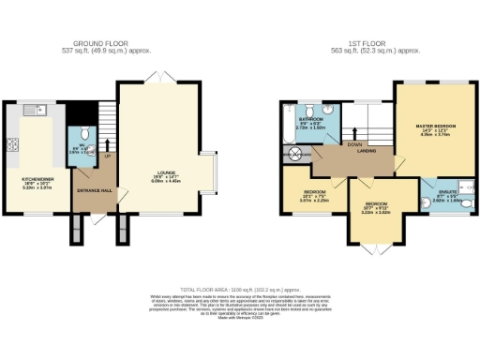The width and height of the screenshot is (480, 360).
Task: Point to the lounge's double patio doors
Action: [164, 77]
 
